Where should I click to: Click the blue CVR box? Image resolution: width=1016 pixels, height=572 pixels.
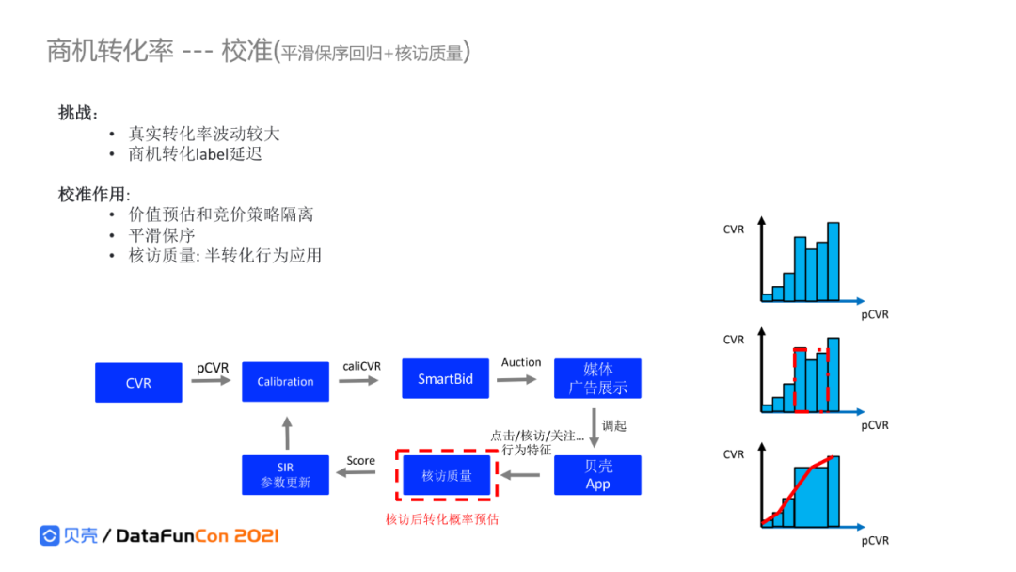pyautogui.click(x=138, y=382)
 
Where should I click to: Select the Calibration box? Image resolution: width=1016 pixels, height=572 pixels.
pyautogui.click(x=285, y=381)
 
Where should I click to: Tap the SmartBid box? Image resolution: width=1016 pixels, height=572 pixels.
pyautogui.click(x=445, y=378)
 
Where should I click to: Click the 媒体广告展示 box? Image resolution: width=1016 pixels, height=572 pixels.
pyautogui.click(x=597, y=378)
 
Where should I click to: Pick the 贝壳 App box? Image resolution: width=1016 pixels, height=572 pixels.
pyautogui.click(x=597, y=475)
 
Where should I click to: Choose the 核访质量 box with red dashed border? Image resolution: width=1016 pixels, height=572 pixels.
pyautogui.click(x=447, y=475)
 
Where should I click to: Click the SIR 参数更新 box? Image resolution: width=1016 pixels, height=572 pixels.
pyautogui.click(x=285, y=475)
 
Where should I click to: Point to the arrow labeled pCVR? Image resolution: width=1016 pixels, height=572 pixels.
pyautogui.click(x=212, y=381)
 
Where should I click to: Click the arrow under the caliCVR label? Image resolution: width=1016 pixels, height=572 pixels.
pyautogui.click(x=361, y=381)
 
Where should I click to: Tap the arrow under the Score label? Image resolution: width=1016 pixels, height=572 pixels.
pyautogui.click(x=360, y=475)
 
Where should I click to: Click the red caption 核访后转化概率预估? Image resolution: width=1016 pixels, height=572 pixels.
pyautogui.click(x=442, y=518)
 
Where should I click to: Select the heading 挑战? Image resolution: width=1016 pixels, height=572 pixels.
pyautogui.click(x=77, y=113)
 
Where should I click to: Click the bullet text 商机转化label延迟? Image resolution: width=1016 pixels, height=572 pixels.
pyautogui.click(x=196, y=154)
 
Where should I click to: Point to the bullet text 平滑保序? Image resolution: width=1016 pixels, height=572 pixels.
pyautogui.click(x=162, y=235)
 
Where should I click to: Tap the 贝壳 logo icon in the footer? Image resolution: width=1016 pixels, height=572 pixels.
pyautogui.click(x=50, y=536)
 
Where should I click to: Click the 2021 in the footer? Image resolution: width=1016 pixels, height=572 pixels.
pyautogui.click(x=256, y=536)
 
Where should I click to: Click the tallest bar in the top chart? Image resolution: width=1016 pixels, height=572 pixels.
pyautogui.click(x=833, y=262)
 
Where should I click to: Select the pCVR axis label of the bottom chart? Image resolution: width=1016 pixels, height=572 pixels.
pyautogui.click(x=874, y=540)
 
